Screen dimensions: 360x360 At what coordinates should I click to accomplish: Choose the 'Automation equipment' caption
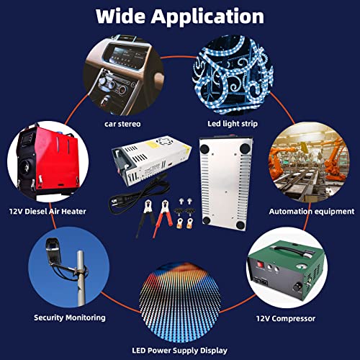(311, 212)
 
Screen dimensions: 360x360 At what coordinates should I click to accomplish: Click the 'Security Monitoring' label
(70, 317)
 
